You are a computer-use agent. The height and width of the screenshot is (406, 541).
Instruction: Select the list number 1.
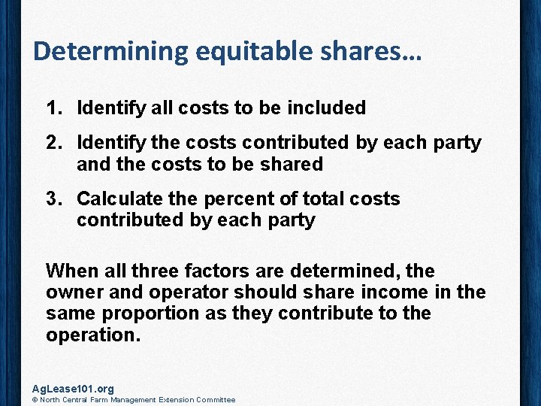click(53, 108)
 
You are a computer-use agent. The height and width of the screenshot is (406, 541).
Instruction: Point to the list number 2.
click(53, 143)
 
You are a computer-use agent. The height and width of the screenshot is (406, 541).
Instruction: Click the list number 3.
click(53, 199)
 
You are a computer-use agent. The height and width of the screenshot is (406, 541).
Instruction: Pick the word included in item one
click(325, 108)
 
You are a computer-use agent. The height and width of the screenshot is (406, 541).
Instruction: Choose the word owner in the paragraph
click(72, 292)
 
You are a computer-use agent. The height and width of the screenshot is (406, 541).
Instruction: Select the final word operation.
click(92, 334)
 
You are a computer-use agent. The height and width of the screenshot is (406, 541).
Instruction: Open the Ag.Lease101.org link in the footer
click(73, 389)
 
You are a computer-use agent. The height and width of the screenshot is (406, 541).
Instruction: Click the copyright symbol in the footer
click(35, 400)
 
